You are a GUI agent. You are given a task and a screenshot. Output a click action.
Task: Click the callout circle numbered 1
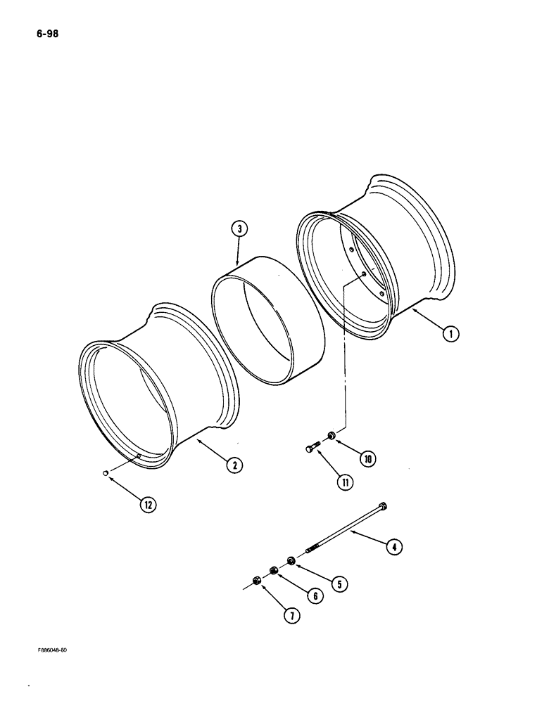coord(450,334)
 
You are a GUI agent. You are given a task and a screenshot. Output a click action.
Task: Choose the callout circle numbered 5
coord(341,583)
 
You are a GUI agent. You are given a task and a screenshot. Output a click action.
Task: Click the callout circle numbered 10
coord(367,459)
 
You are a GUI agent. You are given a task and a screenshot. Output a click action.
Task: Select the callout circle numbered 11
coord(344,482)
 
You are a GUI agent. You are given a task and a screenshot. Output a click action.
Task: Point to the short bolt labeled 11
coord(315,449)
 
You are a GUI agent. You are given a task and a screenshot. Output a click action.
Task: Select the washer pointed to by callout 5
coord(290,560)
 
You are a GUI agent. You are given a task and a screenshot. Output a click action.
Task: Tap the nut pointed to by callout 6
coord(274,570)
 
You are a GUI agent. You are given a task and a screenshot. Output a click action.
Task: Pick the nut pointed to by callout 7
coord(257,580)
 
